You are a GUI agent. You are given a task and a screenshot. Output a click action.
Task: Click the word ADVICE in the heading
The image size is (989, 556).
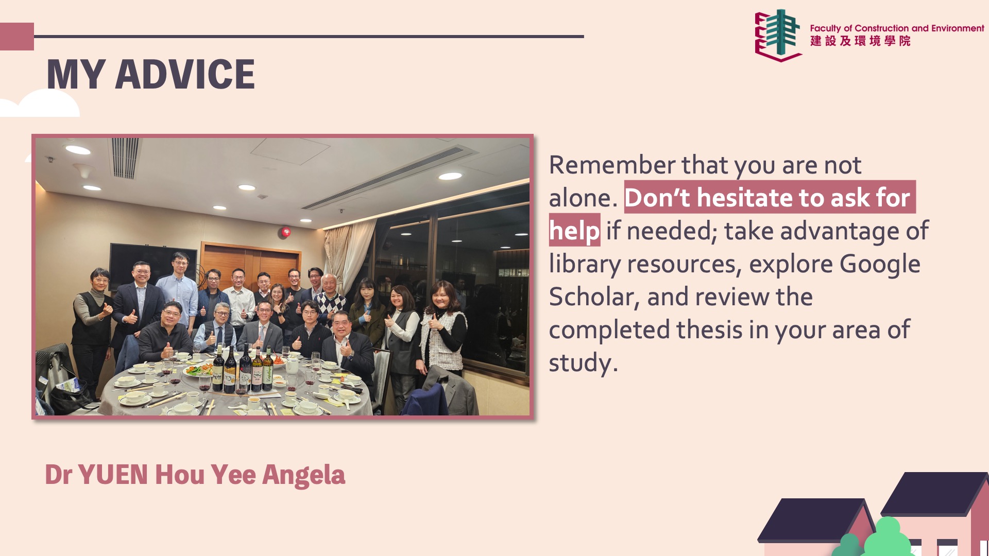click(185, 74)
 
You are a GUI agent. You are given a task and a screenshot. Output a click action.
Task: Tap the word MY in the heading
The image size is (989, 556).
click(76, 74)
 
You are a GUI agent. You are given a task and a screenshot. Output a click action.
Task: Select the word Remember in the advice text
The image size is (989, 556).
click(612, 165)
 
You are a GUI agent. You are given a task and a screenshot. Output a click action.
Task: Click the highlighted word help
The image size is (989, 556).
click(574, 231)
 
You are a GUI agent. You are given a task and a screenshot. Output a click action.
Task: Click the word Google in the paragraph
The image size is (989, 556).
click(880, 265)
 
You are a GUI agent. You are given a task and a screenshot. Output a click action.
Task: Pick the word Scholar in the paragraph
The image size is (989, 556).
click(591, 297)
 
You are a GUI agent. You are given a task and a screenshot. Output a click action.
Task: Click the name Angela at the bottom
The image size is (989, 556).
click(303, 475)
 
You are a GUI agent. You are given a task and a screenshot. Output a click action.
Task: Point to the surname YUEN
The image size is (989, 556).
click(113, 475)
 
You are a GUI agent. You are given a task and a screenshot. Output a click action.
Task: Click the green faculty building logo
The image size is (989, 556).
click(778, 35)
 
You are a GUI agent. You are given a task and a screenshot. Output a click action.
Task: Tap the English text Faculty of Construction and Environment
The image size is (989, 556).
click(897, 28)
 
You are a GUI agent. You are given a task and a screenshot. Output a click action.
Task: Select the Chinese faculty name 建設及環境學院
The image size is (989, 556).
click(860, 41)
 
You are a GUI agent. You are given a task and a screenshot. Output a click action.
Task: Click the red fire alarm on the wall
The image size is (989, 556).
click(285, 232)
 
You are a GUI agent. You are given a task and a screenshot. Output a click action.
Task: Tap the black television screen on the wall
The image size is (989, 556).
click(152, 266)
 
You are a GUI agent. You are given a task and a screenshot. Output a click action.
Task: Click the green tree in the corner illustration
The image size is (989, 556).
click(887, 538)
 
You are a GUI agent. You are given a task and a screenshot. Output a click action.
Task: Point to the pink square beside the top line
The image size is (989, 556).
click(17, 37)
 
